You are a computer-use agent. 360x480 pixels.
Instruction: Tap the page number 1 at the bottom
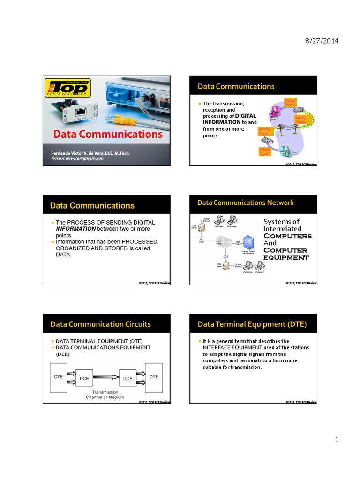pyautogui.click(x=336, y=439)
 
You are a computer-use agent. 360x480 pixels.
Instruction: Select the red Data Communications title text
pyautogui.click(x=108, y=134)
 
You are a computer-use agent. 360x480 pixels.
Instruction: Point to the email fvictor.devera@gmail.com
pyautogui.click(x=77, y=158)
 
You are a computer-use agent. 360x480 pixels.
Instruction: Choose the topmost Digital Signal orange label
pyautogui.click(x=291, y=103)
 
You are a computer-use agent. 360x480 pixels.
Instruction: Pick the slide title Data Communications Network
pyautogui.click(x=246, y=202)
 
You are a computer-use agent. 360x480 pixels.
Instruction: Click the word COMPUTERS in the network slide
pyautogui.click(x=287, y=236)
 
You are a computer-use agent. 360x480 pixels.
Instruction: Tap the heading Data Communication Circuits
pyautogui.click(x=100, y=324)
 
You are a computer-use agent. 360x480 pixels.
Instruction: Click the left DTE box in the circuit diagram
pyautogui.click(x=59, y=377)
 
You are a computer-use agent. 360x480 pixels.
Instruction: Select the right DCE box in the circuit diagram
pyautogui.click(x=127, y=378)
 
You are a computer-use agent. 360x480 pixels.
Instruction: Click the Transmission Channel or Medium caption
pyautogui.click(x=105, y=395)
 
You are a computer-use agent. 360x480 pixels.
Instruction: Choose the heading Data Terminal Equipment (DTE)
pyautogui.click(x=252, y=324)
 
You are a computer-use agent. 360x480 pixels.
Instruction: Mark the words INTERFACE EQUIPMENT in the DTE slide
pyautogui.click(x=231, y=348)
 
